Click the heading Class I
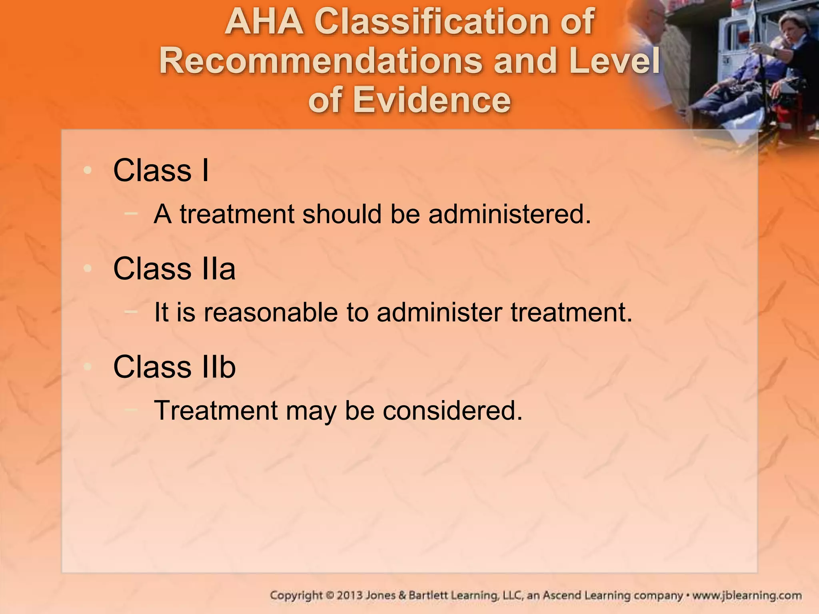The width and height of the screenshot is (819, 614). tap(161, 170)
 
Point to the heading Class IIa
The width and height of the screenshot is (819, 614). tap(174, 269)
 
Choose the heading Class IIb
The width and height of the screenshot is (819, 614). tap(174, 367)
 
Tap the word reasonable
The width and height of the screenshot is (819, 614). tap(271, 312)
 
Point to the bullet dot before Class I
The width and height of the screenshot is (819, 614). tap(88, 171)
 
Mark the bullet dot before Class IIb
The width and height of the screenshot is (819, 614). tap(88, 367)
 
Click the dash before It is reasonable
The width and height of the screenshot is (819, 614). tap(131, 312)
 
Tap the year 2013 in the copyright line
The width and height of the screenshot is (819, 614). tap(350, 596)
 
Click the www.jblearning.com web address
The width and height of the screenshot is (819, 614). tap(747, 596)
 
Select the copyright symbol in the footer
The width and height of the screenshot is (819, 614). tap(330, 596)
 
